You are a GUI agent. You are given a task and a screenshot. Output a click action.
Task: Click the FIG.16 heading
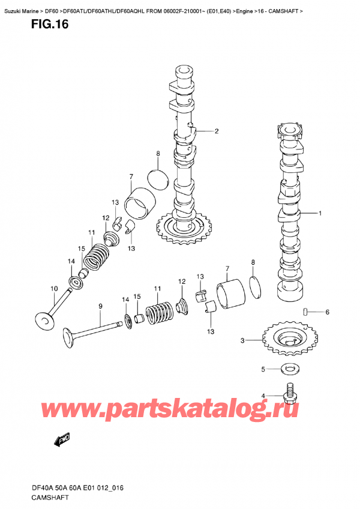pyautogui.click(x=50, y=25)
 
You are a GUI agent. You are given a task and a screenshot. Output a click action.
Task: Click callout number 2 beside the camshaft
pyautogui.click(x=217, y=131)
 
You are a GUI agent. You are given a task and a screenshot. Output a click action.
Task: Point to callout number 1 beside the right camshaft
pyautogui.click(x=320, y=213)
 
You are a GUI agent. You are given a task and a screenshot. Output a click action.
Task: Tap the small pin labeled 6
pyautogui.click(x=305, y=312)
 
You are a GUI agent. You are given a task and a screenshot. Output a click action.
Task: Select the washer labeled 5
pyautogui.click(x=290, y=369)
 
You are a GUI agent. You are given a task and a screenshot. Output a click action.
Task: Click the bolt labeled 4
pyautogui.click(x=290, y=393)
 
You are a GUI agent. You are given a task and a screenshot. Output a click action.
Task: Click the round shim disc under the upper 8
pyautogui.click(x=158, y=179)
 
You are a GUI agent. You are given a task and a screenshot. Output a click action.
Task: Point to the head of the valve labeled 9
pyautogui.click(x=70, y=339)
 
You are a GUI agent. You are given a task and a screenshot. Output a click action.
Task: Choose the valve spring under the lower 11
pyautogui.click(x=159, y=312)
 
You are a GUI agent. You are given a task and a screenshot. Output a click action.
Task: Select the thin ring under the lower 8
pyautogui.click(x=256, y=287)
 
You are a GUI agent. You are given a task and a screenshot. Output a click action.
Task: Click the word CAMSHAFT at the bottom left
pyautogui.click(x=50, y=497)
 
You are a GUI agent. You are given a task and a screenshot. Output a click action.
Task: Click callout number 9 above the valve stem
pyautogui.click(x=100, y=306)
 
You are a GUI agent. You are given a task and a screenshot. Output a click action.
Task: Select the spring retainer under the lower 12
pyautogui.click(x=181, y=307)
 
